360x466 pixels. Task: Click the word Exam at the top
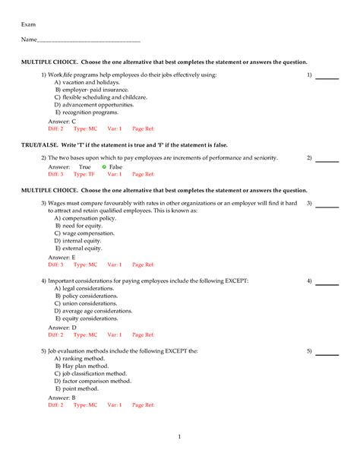[28, 25]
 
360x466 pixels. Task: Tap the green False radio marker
[104, 166]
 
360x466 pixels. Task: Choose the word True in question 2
[84, 166]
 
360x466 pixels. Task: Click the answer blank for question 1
[327, 78]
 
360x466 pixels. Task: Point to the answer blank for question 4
[327, 283]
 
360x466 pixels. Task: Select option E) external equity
[78, 249]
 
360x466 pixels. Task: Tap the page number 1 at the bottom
[179, 436]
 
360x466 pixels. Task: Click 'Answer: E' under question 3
[62, 258]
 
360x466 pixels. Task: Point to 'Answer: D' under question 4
[62, 327]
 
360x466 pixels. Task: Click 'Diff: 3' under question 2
[55, 174]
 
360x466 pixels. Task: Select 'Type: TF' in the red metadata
[85, 174]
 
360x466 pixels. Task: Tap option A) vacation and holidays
[87, 83]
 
